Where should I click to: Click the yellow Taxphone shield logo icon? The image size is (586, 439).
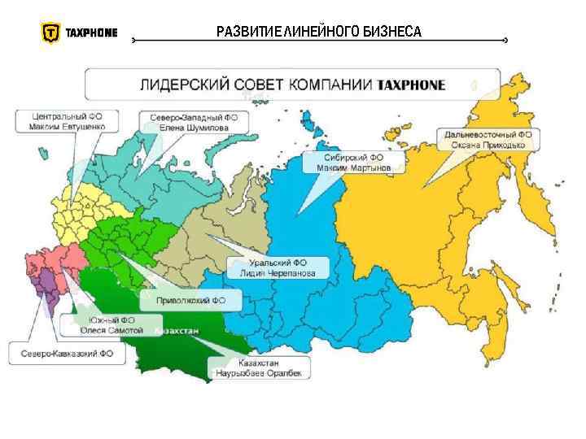(x=50, y=33)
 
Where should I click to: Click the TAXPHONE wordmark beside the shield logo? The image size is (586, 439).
(x=91, y=33)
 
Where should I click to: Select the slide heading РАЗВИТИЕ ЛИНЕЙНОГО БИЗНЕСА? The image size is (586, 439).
(x=319, y=33)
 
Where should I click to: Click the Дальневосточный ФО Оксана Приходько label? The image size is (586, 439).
(x=487, y=139)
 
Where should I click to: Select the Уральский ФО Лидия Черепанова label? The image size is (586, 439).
(x=278, y=268)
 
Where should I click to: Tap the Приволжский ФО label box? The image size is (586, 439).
(x=191, y=301)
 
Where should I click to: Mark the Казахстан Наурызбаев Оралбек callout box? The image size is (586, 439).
(x=259, y=368)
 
